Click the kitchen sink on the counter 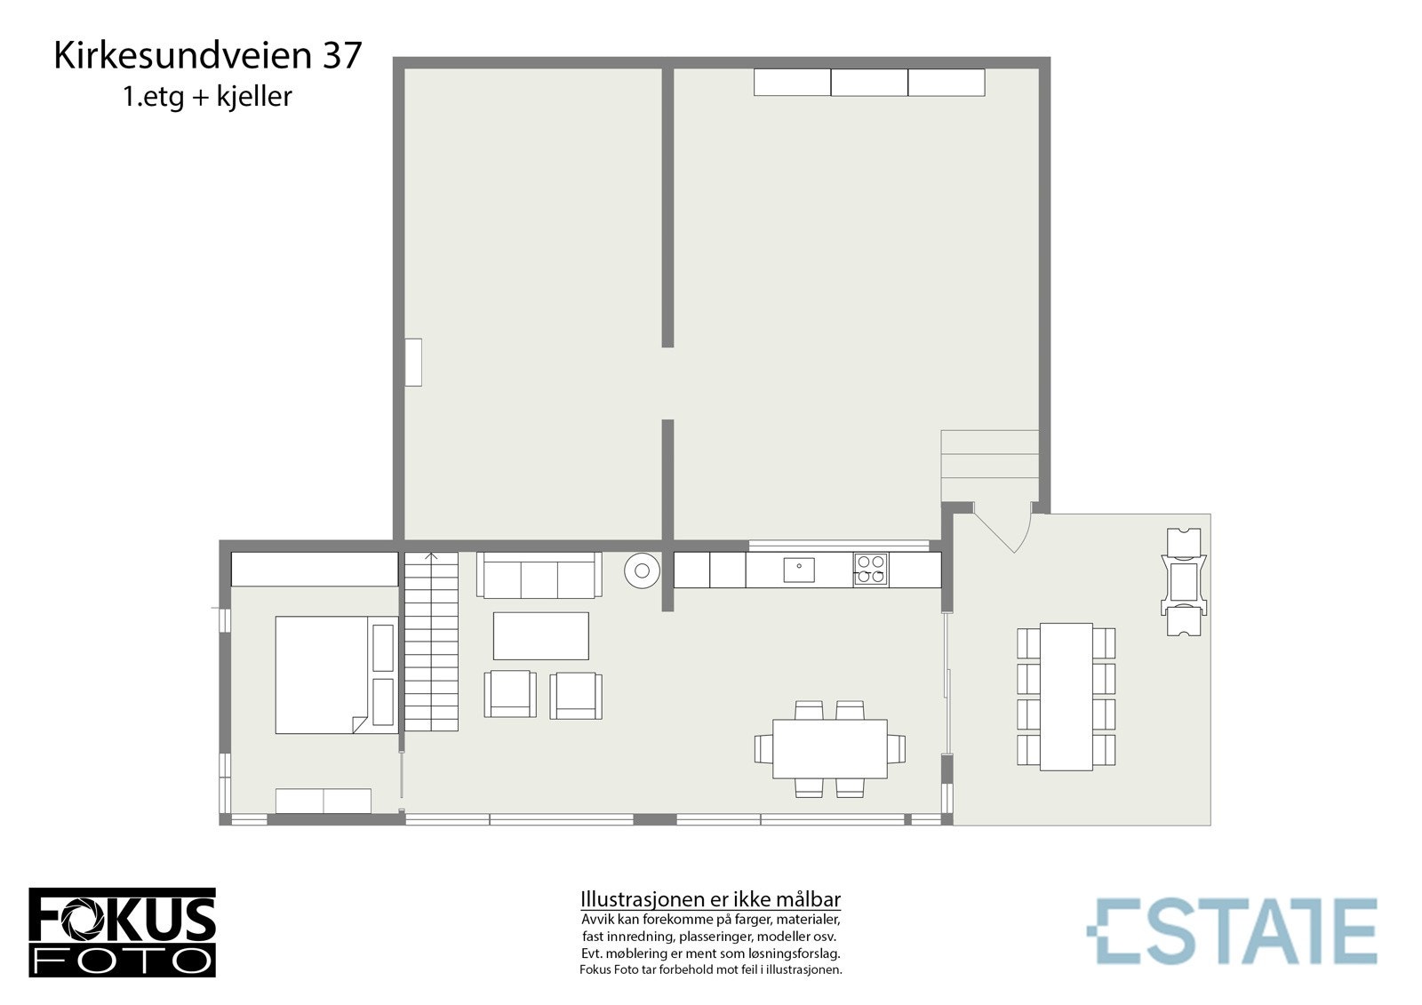[x=798, y=570]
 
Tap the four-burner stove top [x=870, y=570]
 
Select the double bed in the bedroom [x=323, y=675]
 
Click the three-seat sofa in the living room [x=539, y=575]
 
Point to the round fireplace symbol [x=640, y=570]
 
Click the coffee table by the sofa [x=540, y=635]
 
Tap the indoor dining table [x=829, y=748]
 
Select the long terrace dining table [x=1066, y=697]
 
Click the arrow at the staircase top [x=431, y=557]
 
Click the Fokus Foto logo [x=122, y=932]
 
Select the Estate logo [x=1231, y=930]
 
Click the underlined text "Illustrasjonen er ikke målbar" [x=710, y=899]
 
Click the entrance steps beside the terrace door [x=989, y=466]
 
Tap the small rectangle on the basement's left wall [x=413, y=362]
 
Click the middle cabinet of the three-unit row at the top [x=869, y=82]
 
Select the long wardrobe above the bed [x=315, y=570]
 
